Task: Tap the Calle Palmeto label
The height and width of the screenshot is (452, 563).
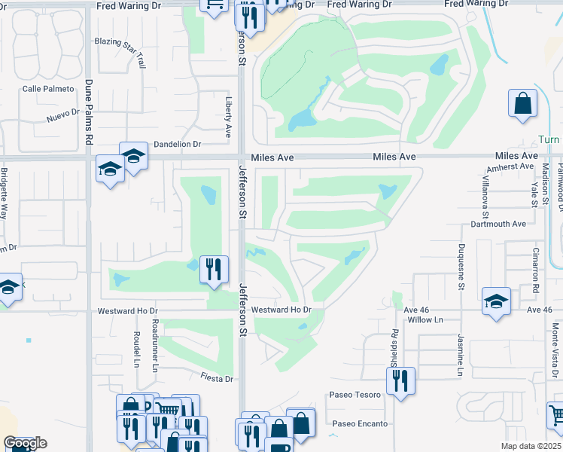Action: click(48, 89)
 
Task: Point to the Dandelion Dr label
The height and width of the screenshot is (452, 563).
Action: click(177, 144)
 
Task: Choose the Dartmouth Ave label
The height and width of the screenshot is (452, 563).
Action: click(499, 224)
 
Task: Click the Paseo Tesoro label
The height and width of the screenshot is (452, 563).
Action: click(358, 395)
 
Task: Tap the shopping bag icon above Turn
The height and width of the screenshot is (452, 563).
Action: click(522, 103)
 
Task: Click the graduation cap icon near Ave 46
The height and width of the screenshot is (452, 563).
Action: click(497, 301)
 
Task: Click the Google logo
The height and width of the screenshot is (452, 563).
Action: click(25, 443)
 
